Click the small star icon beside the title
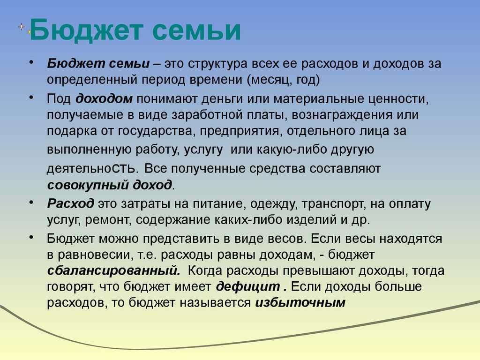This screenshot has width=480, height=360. [22, 27]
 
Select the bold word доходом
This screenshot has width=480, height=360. [105, 99]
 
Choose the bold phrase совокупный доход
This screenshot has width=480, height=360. [109, 184]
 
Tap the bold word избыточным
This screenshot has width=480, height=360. [300, 303]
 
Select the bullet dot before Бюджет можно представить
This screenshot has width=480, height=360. [30, 236]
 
